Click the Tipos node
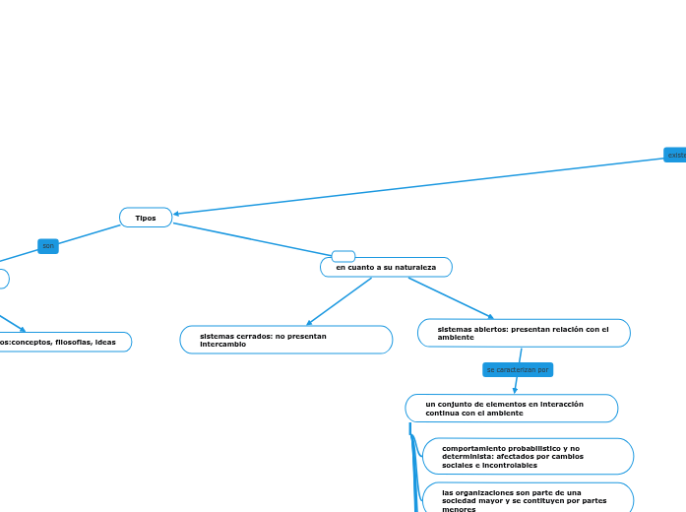(x=146, y=218)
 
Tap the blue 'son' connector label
(x=48, y=245)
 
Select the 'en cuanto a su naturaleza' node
(x=386, y=267)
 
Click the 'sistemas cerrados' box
(x=285, y=340)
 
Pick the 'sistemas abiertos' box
(x=524, y=333)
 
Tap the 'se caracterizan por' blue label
(x=518, y=369)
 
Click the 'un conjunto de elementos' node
(x=511, y=408)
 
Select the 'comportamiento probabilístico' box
(x=527, y=456)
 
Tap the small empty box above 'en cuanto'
(x=343, y=256)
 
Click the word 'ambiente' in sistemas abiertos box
(x=456, y=337)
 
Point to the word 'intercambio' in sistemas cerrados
(x=222, y=345)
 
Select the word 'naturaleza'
(x=414, y=267)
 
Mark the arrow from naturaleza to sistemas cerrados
(x=339, y=301)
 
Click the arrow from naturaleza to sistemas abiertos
(x=451, y=298)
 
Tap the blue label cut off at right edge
(x=675, y=155)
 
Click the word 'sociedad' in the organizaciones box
(x=464, y=500)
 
